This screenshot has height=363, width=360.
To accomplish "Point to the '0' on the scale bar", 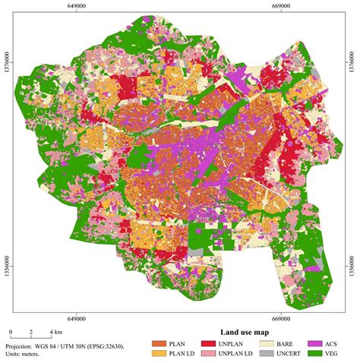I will click(x=11, y=333).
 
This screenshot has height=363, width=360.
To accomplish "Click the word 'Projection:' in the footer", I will click(x=21, y=344).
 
